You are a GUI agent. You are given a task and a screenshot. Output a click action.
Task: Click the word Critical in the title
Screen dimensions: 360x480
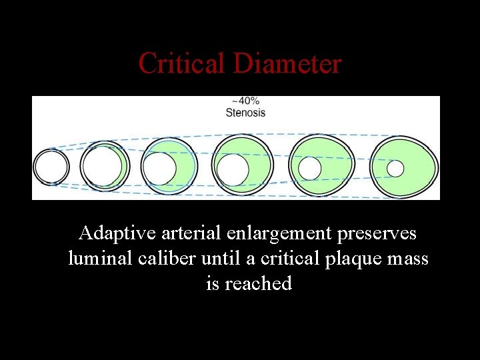coord(182,64)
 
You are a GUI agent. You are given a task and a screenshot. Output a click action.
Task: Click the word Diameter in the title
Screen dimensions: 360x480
coord(287,64)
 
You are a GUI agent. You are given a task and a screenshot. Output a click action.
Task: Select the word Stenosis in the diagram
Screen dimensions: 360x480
coord(245,113)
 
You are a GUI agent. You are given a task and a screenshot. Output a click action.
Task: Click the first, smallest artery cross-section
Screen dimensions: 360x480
coord(51,167)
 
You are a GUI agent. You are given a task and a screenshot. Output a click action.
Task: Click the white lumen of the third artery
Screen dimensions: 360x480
coord(160,168)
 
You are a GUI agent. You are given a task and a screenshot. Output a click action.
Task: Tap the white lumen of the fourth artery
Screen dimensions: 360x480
coord(233,170)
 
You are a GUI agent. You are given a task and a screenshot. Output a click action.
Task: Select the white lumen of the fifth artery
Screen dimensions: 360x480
coord(310,168)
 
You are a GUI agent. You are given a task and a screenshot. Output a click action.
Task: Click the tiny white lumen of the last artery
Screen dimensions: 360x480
coord(395,168)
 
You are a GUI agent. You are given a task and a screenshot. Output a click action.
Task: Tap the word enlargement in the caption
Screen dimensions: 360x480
coord(279,234)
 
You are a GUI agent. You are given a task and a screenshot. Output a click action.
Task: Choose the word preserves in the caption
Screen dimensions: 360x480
coord(377,234)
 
